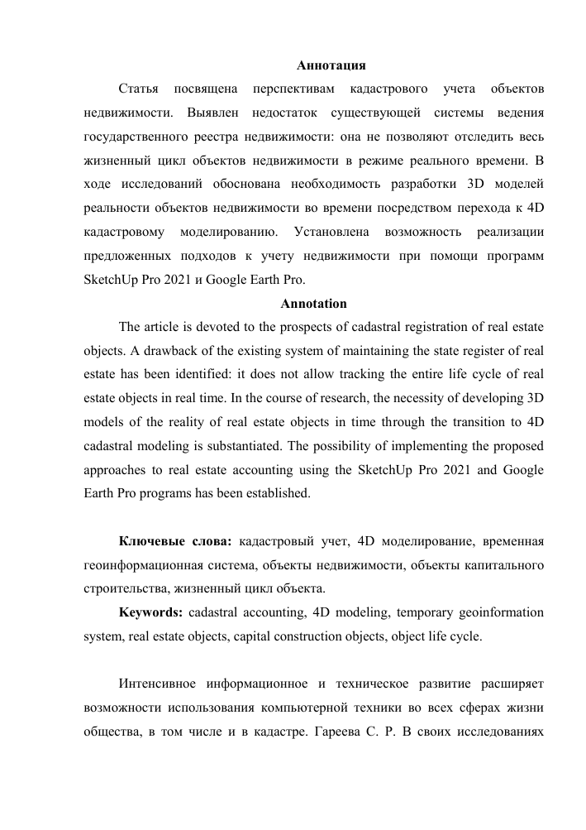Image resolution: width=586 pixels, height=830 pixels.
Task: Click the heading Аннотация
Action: click(x=331, y=65)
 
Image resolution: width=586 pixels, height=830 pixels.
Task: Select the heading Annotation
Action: click(x=314, y=304)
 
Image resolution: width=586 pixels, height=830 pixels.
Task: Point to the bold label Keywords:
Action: click(x=150, y=614)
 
